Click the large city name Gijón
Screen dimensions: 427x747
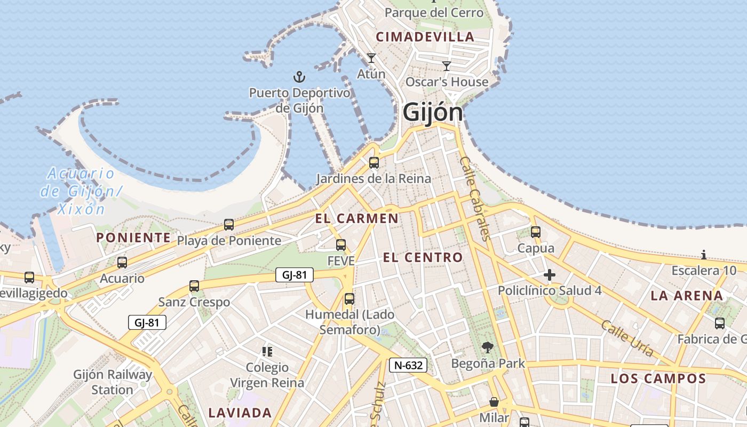point(433,113)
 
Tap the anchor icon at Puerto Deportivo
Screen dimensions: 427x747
point(300,77)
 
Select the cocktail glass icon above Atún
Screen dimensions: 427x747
point(371,58)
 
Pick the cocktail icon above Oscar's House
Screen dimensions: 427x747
point(447,66)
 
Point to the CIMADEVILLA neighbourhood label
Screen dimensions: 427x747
point(425,37)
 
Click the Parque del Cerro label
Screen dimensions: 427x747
point(434,12)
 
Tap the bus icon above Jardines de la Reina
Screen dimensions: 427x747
point(374,163)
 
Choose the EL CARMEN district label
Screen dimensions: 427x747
point(356,218)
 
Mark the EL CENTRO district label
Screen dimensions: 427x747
point(423,257)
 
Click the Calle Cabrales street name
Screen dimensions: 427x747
point(475,199)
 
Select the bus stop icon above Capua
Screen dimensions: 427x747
point(536,232)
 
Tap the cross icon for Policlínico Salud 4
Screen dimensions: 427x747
point(550,275)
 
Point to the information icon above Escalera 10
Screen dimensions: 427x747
point(704,255)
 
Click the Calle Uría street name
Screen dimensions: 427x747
point(627,338)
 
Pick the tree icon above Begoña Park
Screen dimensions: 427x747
point(488,348)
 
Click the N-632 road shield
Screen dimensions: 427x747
point(408,365)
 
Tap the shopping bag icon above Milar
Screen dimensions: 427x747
point(494,402)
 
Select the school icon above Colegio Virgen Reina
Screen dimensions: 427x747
point(267,351)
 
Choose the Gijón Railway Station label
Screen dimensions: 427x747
point(113,382)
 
